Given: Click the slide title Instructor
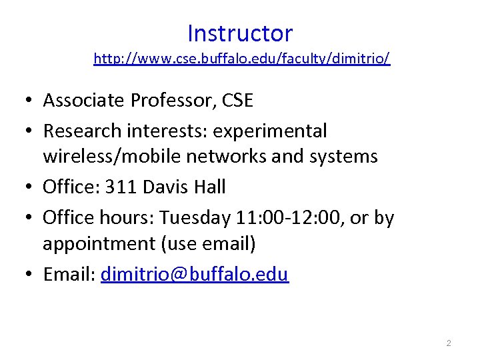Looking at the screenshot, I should [x=240, y=33].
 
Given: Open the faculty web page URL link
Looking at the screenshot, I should [x=242, y=59].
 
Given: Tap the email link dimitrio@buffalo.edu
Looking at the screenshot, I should [x=195, y=275].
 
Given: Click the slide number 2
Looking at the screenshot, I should [x=449, y=343].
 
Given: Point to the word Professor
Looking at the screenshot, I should [x=167, y=101].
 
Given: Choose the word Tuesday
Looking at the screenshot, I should [x=192, y=217].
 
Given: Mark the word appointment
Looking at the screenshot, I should [x=99, y=245].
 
